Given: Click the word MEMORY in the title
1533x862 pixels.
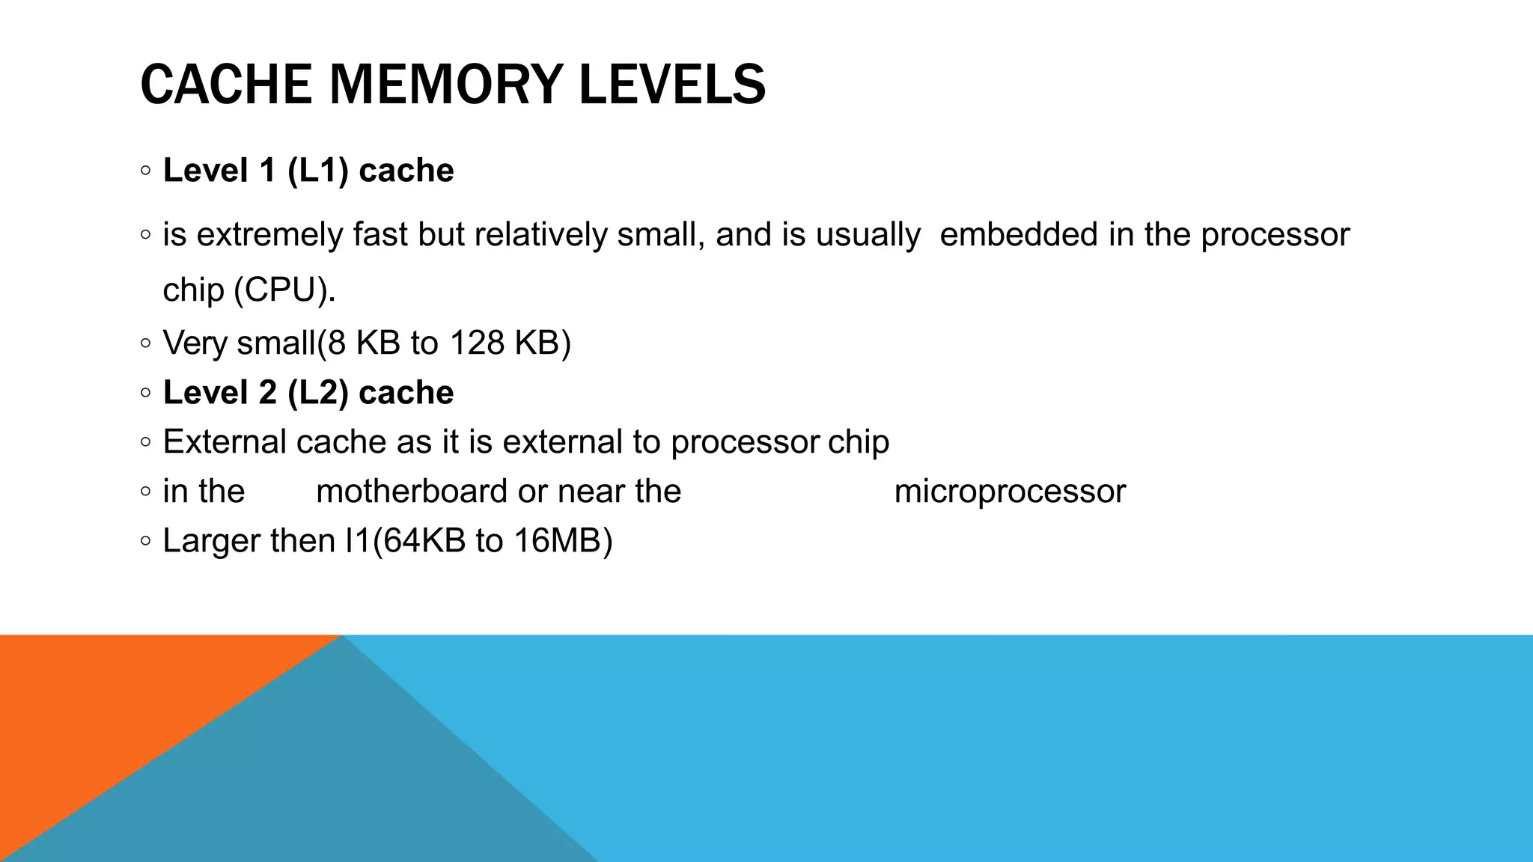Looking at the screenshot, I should click(x=446, y=84).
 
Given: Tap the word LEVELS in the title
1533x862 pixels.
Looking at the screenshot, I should click(x=672, y=84).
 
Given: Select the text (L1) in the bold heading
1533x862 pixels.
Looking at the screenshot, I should click(x=318, y=171).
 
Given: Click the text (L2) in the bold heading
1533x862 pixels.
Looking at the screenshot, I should click(x=318, y=393).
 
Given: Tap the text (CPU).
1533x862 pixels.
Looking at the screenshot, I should click(x=284, y=290).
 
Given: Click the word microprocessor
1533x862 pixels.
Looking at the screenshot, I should click(x=1010, y=492).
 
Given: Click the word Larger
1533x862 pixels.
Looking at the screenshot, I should click(x=212, y=541).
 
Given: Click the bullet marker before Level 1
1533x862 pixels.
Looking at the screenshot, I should click(x=145, y=171).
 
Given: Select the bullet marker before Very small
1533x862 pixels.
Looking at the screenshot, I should click(x=145, y=343).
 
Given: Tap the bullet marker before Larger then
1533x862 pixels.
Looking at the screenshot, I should click(x=145, y=541).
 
